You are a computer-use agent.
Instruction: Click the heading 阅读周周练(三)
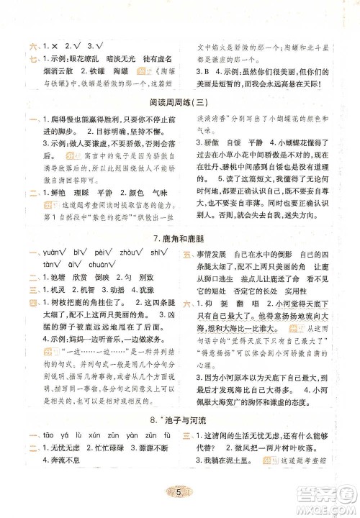click(x=180, y=101)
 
